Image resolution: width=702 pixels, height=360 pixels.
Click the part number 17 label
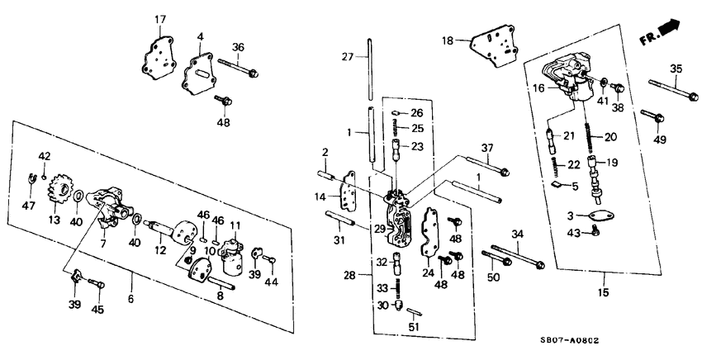click(160, 19)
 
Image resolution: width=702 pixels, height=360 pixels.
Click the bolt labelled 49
click(652, 120)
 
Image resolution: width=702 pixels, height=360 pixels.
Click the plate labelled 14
click(349, 195)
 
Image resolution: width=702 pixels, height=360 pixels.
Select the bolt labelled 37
click(488, 170)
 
